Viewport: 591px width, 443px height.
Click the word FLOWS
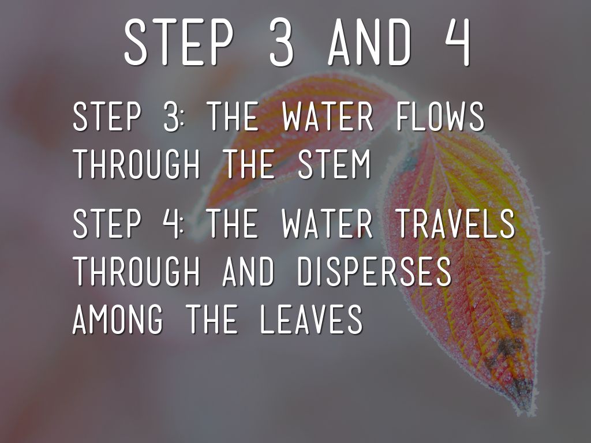tap(440, 116)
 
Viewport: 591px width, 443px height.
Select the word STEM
tap(334, 164)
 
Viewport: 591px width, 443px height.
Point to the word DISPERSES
tap(375, 271)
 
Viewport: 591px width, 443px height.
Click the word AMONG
tap(118, 320)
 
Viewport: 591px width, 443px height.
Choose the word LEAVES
tap(311, 320)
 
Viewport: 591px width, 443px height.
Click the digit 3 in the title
tap(282, 42)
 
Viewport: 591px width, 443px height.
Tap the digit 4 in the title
tap(457, 42)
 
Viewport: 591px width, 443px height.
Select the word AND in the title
tap(369, 42)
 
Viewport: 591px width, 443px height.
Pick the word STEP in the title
tap(179, 42)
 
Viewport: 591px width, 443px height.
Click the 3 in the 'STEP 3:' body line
tap(171, 116)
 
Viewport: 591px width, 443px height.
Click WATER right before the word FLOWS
tap(328, 116)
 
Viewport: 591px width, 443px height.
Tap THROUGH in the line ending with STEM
tap(136, 164)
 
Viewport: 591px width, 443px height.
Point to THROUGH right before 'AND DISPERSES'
tap(136, 271)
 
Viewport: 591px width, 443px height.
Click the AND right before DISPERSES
tap(249, 271)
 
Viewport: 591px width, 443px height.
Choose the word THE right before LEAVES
tap(213, 320)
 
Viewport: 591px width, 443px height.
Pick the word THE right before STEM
tap(249, 164)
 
